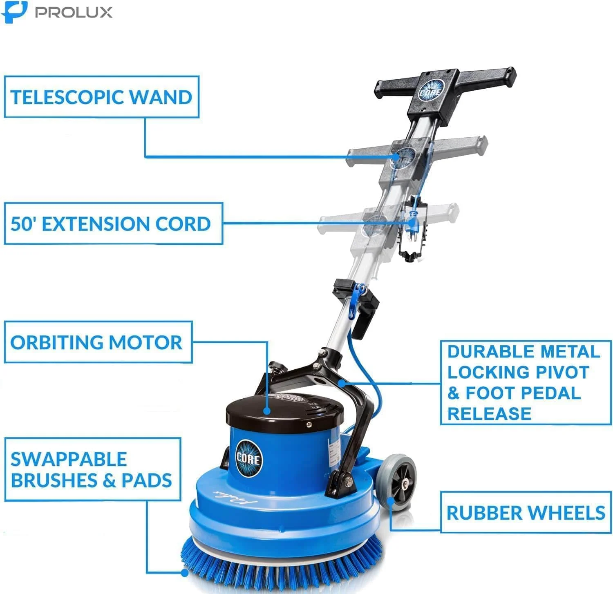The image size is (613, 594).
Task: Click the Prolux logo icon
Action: coord(14,12)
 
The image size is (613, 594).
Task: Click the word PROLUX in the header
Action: coord(74,12)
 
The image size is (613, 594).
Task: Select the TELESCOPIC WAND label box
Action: coord(101,97)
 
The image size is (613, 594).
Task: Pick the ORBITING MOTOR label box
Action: coord(98,342)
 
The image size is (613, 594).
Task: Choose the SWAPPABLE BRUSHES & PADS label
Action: coord(92,470)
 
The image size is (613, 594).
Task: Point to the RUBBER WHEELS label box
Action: coord(526,513)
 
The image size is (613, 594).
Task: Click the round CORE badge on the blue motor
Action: coord(248,458)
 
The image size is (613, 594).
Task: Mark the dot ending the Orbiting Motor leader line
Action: coord(267,411)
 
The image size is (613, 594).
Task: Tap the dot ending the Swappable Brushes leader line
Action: coord(184,572)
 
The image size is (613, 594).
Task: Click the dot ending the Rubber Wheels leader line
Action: coord(391,501)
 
